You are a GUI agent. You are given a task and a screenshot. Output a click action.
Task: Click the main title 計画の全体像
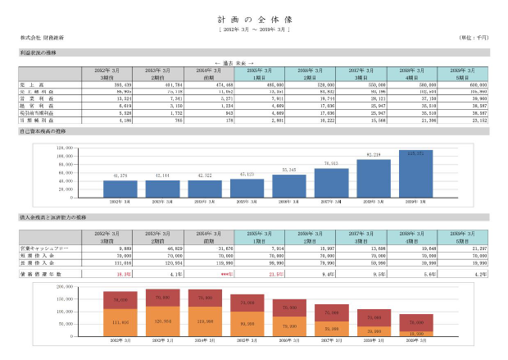point(254,18)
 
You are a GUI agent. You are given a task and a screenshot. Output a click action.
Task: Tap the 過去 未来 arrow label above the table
point(233,62)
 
